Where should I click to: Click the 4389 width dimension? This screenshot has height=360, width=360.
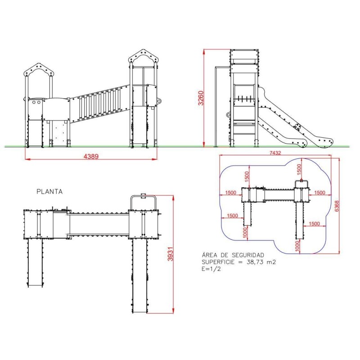(x=91, y=157)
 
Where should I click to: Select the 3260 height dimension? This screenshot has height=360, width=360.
(x=201, y=98)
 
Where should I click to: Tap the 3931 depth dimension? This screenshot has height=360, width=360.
(x=170, y=254)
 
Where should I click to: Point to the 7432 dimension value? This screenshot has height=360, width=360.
(x=275, y=153)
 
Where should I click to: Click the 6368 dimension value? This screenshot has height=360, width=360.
(x=337, y=206)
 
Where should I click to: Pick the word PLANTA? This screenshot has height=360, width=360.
(x=49, y=192)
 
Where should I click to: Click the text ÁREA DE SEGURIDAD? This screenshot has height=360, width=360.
(x=233, y=255)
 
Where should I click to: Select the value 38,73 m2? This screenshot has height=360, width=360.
(x=261, y=262)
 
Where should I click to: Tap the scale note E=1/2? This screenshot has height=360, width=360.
(x=211, y=269)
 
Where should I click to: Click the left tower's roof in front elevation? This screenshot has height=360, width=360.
(x=39, y=69)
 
